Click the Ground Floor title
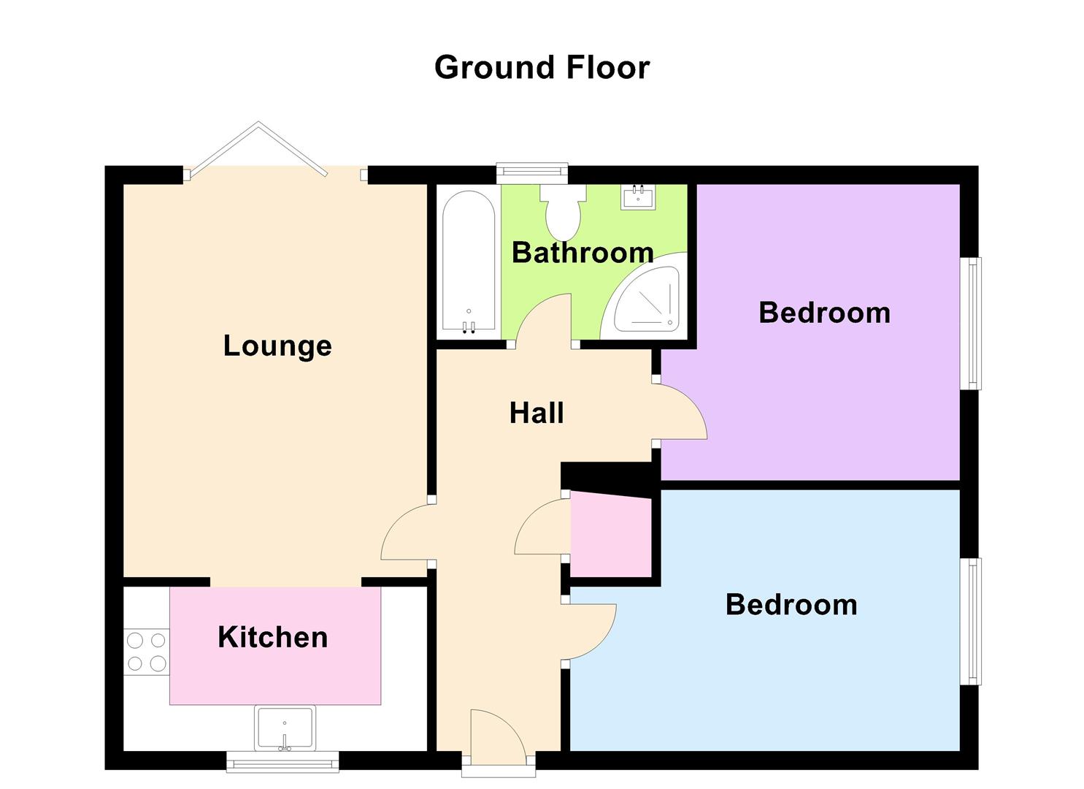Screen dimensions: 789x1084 (x=542, y=68)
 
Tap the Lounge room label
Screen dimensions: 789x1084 (x=277, y=346)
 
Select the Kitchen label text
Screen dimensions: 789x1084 (x=273, y=637)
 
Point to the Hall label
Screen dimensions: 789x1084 (x=537, y=413)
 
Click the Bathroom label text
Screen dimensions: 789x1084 (x=583, y=253)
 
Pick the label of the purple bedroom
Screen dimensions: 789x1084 (x=824, y=313)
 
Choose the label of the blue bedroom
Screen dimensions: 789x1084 (x=791, y=605)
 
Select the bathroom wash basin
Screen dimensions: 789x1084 (x=638, y=197)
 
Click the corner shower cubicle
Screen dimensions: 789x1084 (x=647, y=300)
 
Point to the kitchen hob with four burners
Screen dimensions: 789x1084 (x=146, y=652)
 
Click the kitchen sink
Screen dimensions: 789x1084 (x=285, y=728)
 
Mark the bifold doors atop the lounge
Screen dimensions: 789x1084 (x=257, y=150)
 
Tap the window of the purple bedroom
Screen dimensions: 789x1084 (x=971, y=323)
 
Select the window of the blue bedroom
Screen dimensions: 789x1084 (x=971, y=621)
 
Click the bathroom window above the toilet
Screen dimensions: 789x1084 (x=531, y=172)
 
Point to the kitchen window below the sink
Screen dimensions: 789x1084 (x=282, y=763)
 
